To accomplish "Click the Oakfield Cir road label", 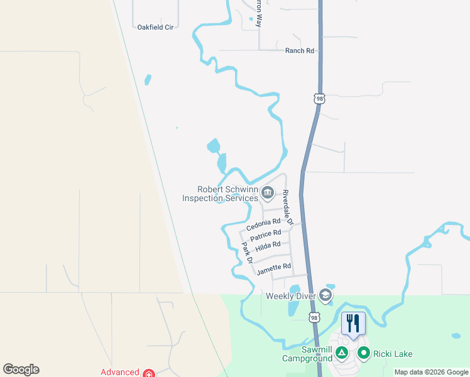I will [155, 27].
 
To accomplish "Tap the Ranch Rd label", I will [299, 51].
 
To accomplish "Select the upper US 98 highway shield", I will [320, 99].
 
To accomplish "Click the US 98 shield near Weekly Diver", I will [313, 318].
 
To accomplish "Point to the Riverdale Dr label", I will [287, 207].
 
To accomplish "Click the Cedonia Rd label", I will [263, 224].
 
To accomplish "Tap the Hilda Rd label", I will [268, 246].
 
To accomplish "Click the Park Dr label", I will [247, 252].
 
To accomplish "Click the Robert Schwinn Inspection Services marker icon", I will [268, 192].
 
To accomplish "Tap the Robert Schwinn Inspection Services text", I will [220, 194].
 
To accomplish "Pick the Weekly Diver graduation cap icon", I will [325, 295].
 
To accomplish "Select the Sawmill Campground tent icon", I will [341, 353].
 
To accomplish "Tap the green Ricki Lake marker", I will [363, 353].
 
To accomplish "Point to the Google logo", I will [21, 369].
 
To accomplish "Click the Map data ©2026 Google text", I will [431, 372].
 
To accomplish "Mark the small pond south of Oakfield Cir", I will [148, 80].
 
